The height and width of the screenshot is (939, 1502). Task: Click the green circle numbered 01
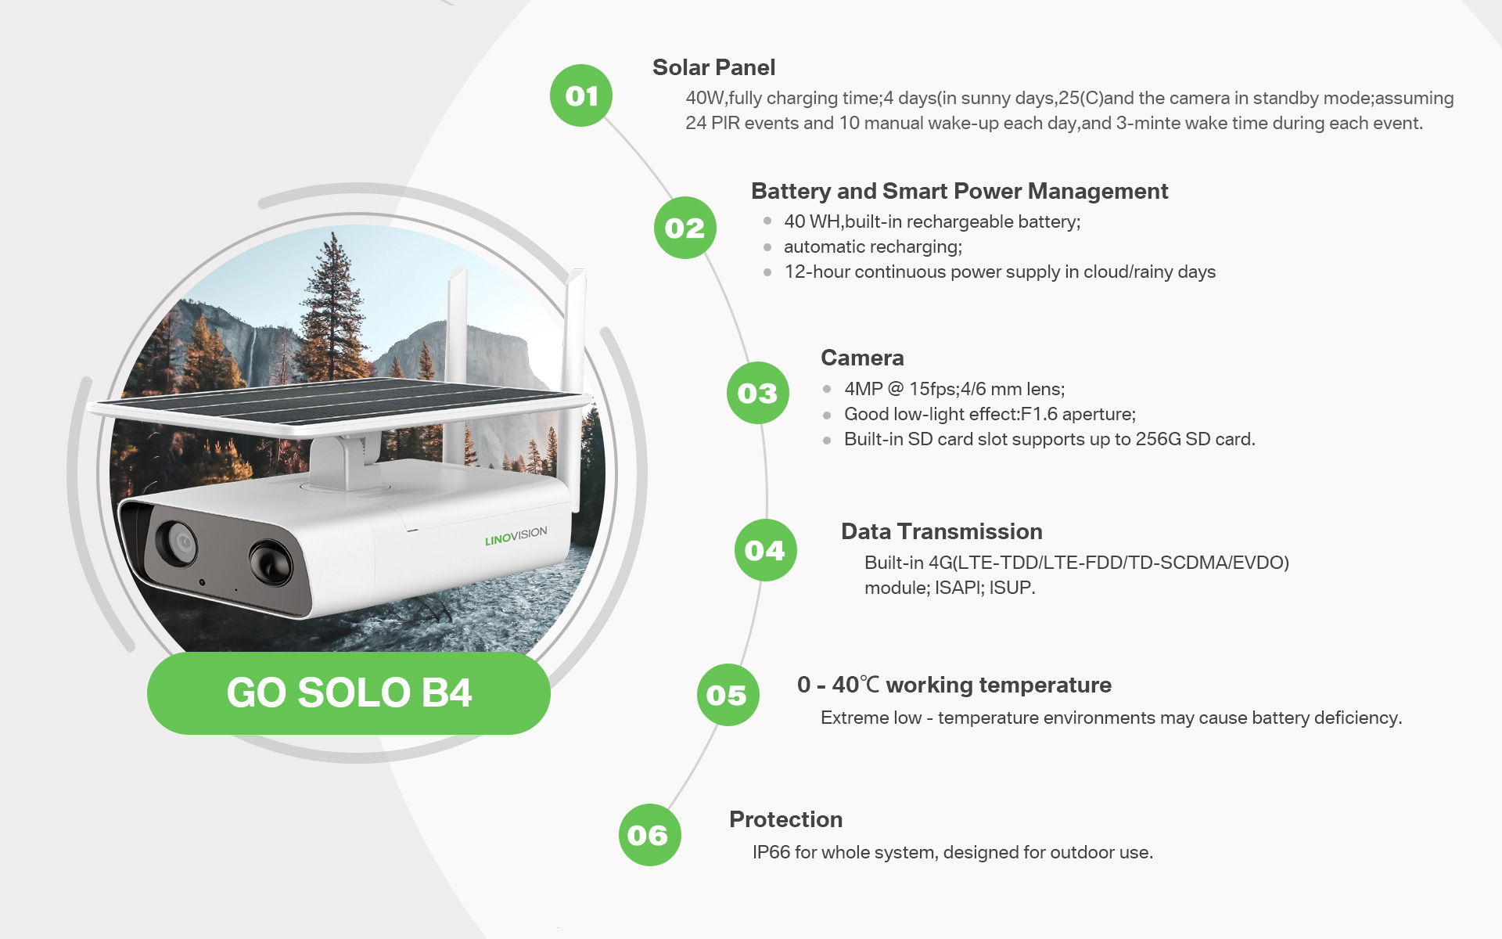click(x=581, y=95)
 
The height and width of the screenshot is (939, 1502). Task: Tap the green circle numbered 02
click(x=685, y=228)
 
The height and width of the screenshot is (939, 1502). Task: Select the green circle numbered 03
click(x=757, y=393)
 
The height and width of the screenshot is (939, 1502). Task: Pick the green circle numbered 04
click(x=765, y=550)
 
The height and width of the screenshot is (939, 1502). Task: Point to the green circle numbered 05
click(x=728, y=695)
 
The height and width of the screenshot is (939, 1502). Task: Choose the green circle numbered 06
click(x=649, y=835)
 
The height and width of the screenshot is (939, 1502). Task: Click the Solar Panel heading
click(x=713, y=68)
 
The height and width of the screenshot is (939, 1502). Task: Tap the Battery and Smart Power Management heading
click(x=959, y=192)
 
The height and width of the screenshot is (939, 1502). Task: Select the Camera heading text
click(x=862, y=358)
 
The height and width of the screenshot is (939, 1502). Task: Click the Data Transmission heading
click(x=941, y=532)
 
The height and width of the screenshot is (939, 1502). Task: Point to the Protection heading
click(x=785, y=819)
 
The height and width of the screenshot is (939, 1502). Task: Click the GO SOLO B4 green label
click(x=349, y=693)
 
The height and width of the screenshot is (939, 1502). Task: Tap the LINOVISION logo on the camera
click(x=516, y=536)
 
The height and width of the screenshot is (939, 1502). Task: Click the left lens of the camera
click(x=178, y=541)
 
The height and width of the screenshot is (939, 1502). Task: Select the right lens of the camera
click(x=271, y=562)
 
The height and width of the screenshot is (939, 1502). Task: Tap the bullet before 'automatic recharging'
click(x=767, y=247)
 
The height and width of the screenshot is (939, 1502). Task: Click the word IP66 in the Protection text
click(x=771, y=852)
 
